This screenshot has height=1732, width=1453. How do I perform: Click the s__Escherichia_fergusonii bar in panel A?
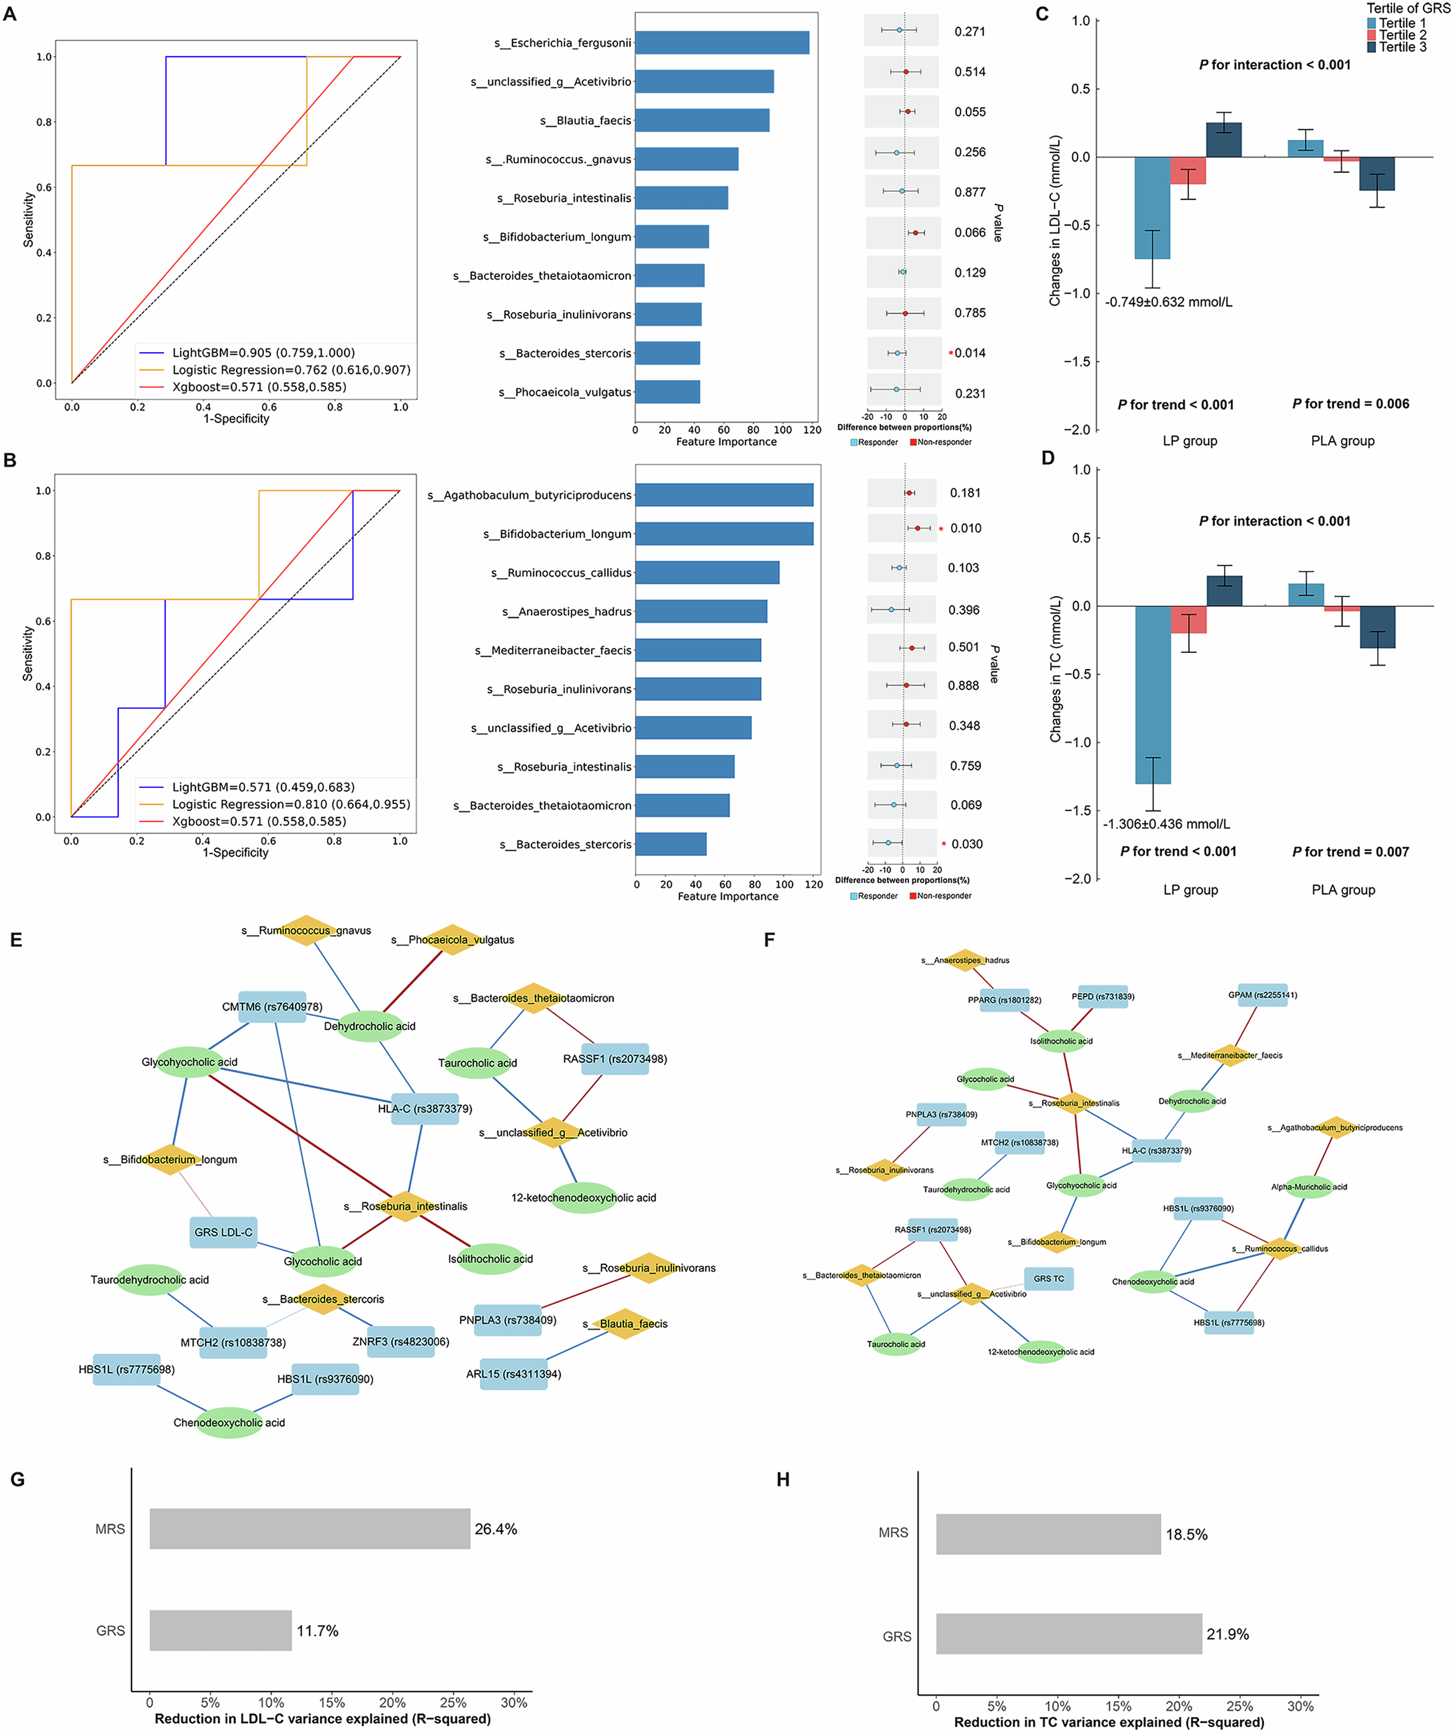(x=722, y=43)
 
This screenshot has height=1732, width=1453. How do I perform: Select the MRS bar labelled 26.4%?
(x=310, y=1528)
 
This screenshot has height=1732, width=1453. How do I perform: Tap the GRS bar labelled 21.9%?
(x=1069, y=1633)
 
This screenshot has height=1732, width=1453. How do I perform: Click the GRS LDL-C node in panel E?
(x=223, y=1232)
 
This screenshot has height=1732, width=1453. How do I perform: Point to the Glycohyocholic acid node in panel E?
(x=190, y=1062)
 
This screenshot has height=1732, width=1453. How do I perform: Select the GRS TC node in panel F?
(x=1049, y=1279)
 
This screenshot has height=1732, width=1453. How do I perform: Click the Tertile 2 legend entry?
(x=1402, y=36)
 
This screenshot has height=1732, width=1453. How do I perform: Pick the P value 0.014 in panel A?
(x=970, y=353)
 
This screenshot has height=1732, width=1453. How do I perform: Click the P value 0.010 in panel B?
(x=966, y=528)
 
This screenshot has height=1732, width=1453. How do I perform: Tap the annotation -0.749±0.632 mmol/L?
(x=1168, y=302)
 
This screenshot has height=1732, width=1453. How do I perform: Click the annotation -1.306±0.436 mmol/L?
(x=1166, y=824)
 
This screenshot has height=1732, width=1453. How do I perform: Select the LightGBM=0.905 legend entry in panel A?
(x=263, y=352)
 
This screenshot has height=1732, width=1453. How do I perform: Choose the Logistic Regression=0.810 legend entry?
(x=291, y=804)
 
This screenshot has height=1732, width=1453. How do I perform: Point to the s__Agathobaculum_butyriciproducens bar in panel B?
(x=723, y=495)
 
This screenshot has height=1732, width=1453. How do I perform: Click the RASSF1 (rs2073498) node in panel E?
(x=615, y=1058)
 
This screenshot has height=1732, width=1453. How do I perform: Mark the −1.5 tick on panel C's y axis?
(x=1079, y=361)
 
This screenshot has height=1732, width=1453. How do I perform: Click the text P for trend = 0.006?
(x=1350, y=403)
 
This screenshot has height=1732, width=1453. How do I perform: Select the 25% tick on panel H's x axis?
(x=1239, y=1705)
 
